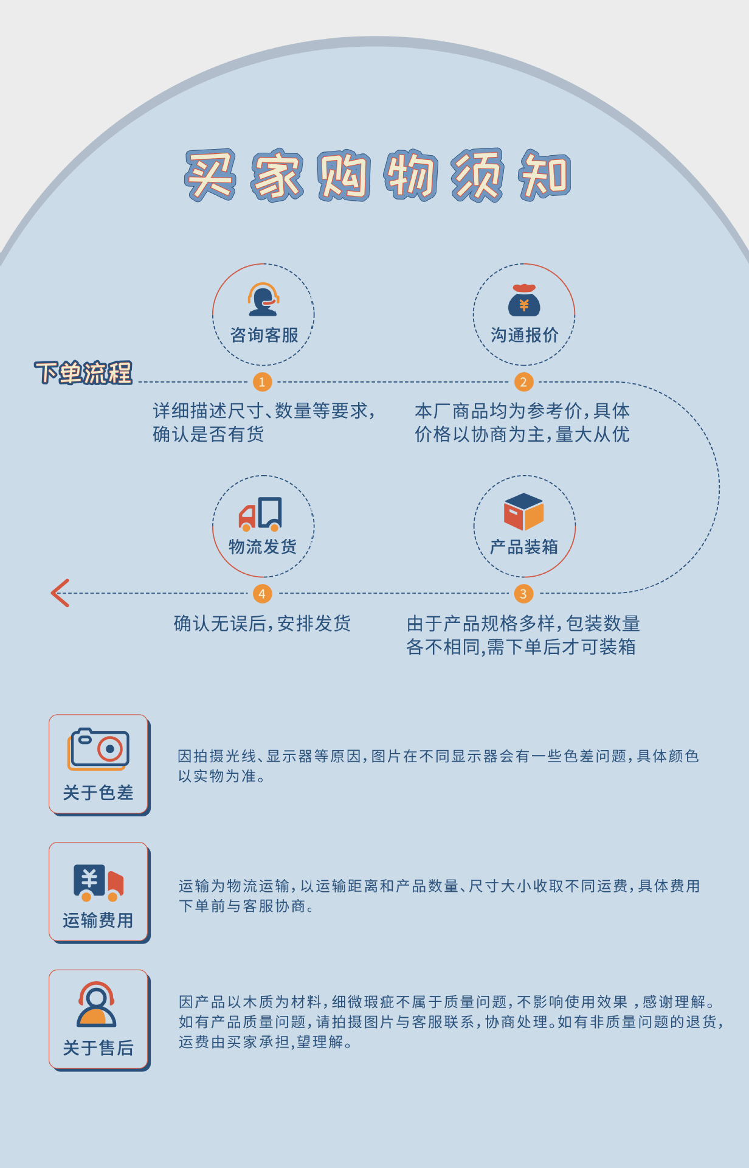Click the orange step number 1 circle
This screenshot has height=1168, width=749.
point(262,382)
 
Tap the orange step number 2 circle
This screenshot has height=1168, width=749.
point(523,382)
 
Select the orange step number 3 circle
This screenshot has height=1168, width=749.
point(523,594)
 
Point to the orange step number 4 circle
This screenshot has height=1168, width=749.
point(262,594)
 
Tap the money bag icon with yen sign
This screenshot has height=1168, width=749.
point(524,300)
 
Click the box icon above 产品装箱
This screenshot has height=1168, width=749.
point(523,512)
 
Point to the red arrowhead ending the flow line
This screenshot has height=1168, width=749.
point(60,593)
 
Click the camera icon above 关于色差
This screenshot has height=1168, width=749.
point(98,748)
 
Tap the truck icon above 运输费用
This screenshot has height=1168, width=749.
point(98,882)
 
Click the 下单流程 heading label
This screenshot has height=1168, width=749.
point(83,372)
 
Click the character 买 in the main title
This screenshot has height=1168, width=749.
point(210,175)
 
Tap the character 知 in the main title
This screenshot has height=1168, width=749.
point(544,175)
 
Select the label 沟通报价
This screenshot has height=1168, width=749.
point(524,335)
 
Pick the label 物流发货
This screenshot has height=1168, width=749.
point(263,547)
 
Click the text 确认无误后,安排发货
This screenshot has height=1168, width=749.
point(262,624)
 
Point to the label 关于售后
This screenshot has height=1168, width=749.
point(98,1048)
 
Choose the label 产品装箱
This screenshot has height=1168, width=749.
point(524,547)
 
